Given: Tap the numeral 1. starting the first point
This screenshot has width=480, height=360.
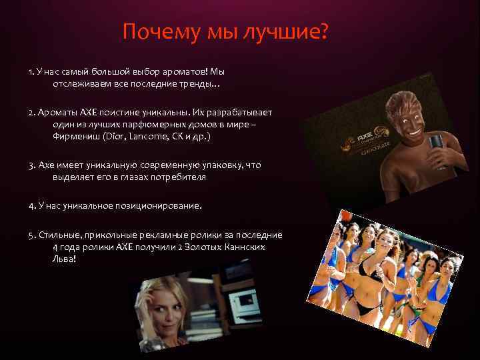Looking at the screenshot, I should pyautogui.click(x=32, y=71).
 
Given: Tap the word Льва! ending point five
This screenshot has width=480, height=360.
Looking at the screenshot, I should pyautogui.click(x=65, y=258).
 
